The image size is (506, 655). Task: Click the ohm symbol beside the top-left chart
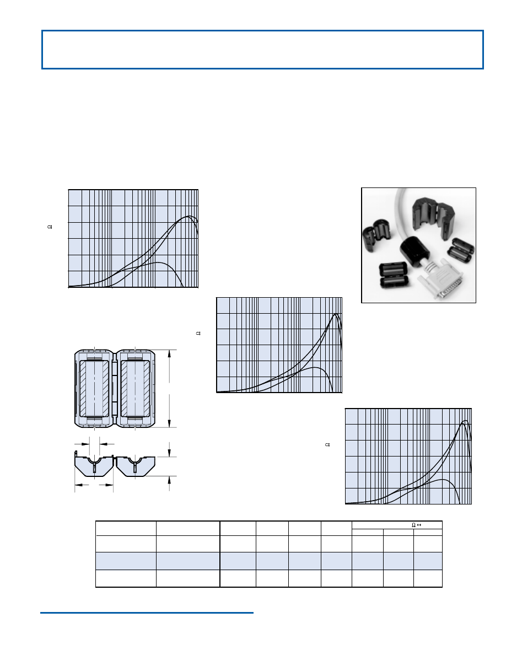tap(50, 227)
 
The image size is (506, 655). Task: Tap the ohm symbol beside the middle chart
tap(198, 333)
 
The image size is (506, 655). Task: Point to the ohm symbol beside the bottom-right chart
tap(327, 445)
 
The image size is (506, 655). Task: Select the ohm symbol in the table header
tap(414, 525)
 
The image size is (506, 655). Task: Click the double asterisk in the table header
tap(419, 525)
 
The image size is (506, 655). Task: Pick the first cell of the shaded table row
tap(126, 561)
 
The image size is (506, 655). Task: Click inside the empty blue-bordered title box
tap(262, 50)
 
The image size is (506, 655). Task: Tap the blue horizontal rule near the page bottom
tap(147, 613)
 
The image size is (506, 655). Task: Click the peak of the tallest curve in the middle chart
tap(336, 314)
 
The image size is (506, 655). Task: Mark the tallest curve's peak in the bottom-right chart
tap(465, 421)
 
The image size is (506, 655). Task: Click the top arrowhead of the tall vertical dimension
tap(169, 353)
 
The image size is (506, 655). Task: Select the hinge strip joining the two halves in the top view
tap(115, 389)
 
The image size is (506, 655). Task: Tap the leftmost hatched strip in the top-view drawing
tap(83, 389)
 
